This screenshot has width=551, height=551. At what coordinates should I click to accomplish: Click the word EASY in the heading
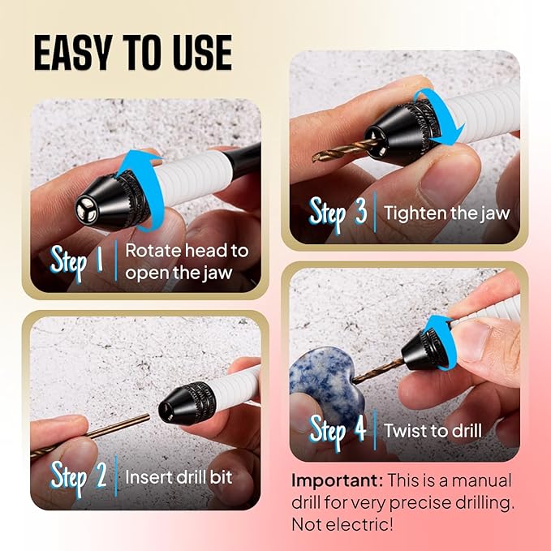pyautogui.click(x=74, y=53)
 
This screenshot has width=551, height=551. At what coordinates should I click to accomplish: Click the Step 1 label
pyautogui.click(x=77, y=262)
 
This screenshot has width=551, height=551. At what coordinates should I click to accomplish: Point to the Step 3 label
pyautogui.click(x=338, y=213)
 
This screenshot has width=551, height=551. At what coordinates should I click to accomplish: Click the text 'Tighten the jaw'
pyautogui.click(x=446, y=213)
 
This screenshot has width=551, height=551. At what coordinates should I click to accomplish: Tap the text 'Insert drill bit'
pyautogui.click(x=179, y=477)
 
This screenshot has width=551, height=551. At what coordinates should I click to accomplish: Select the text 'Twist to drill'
pyautogui.click(x=433, y=430)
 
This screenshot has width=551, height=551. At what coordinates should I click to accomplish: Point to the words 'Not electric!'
pyautogui.click(x=342, y=525)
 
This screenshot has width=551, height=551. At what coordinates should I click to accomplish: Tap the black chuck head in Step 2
pyautogui.click(x=187, y=403)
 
